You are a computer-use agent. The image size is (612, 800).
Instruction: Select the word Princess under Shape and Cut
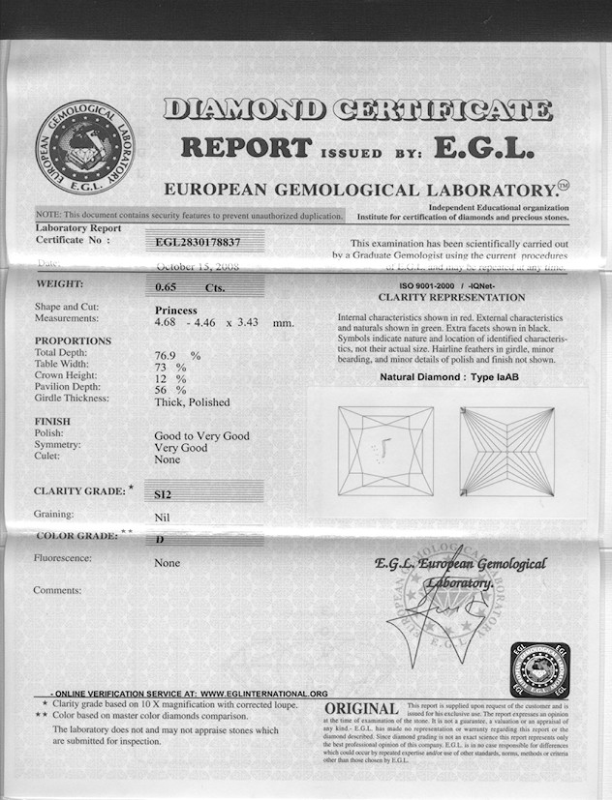(x=176, y=310)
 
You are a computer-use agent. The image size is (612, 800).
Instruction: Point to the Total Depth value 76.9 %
(x=177, y=356)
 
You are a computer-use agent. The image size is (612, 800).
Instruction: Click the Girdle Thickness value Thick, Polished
(x=193, y=401)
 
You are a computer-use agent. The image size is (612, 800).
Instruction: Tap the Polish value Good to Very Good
(x=201, y=436)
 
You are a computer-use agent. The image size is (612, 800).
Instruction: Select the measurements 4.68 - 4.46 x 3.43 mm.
(x=224, y=321)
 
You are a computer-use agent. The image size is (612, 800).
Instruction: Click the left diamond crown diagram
(x=385, y=451)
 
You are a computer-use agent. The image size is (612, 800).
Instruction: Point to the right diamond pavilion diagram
(x=507, y=451)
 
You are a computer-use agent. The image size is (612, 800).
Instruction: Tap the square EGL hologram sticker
(x=540, y=669)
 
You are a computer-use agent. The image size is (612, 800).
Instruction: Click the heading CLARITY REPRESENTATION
(x=451, y=298)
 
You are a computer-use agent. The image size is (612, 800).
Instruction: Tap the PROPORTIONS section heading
(x=73, y=341)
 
